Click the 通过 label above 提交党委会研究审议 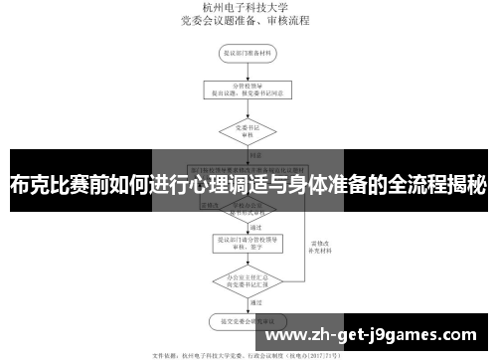[x=255, y=301]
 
